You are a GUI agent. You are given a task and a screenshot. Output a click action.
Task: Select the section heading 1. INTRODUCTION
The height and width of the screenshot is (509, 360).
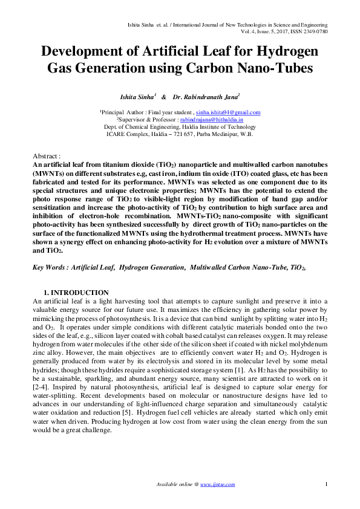(x=76, y=293)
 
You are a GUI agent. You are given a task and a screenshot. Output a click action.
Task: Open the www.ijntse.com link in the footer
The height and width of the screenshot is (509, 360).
(x=218, y=484)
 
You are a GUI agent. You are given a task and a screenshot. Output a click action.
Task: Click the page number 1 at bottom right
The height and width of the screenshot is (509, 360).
(x=326, y=484)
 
